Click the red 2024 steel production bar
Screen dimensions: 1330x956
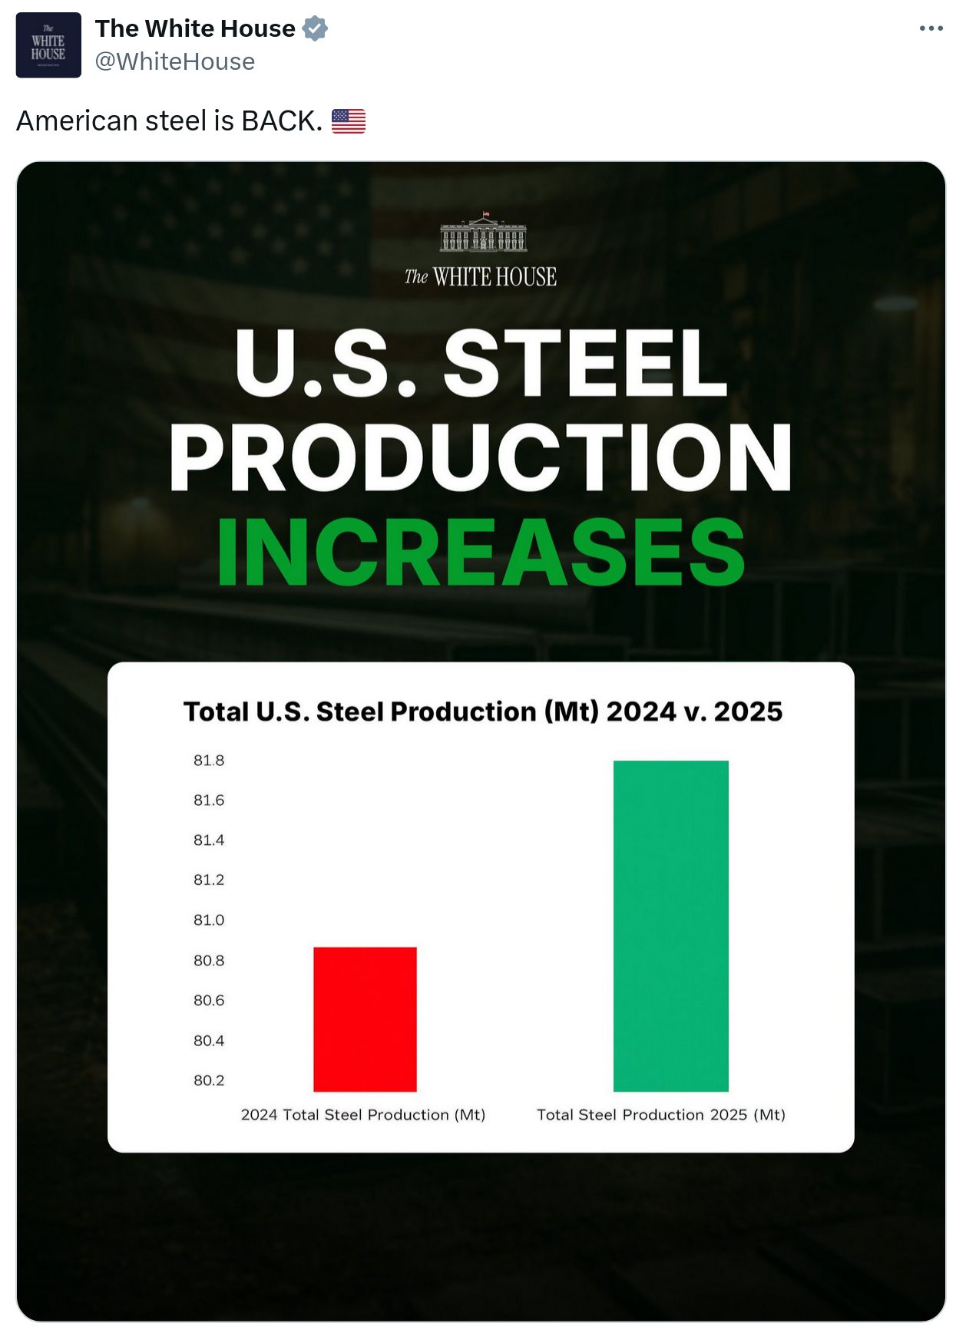point(365,1018)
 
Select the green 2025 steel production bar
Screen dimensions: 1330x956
point(670,926)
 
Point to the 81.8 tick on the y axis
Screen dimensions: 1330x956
point(209,761)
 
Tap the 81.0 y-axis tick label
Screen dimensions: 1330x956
point(209,919)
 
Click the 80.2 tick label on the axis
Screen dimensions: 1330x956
point(209,1080)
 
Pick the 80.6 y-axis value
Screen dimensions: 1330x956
point(209,1000)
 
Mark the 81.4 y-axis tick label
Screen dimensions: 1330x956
point(209,840)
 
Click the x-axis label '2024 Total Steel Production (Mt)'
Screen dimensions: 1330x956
point(363,1114)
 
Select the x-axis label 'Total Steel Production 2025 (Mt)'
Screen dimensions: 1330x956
point(661,1114)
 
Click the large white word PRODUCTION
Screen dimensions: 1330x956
point(481,457)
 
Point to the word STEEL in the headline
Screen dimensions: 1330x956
point(585,362)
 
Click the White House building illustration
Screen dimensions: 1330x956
point(483,233)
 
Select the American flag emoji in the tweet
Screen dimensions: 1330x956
point(349,121)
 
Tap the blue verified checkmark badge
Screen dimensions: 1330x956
point(315,29)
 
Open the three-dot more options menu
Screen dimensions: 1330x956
point(931,28)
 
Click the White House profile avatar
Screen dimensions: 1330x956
point(48,45)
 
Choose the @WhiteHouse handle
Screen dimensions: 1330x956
point(175,61)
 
